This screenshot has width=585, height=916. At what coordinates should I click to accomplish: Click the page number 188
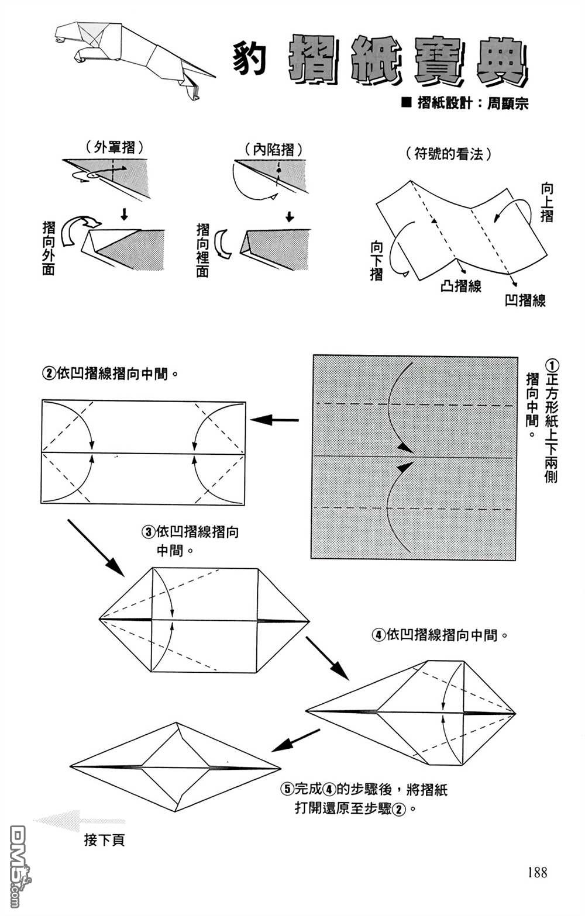click(x=536, y=873)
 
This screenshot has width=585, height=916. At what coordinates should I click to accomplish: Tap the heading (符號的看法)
click(x=449, y=154)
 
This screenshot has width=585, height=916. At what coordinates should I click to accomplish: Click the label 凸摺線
click(x=461, y=286)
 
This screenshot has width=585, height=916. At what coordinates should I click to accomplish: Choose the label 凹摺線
click(x=525, y=300)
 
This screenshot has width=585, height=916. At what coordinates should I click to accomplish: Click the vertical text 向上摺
click(x=546, y=202)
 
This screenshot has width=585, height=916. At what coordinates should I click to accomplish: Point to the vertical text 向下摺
click(x=377, y=261)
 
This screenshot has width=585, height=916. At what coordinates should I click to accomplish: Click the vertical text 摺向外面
click(x=49, y=248)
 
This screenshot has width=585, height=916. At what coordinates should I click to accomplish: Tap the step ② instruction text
click(x=109, y=373)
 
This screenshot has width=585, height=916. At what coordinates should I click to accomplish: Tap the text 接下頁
click(x=105, y=841)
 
